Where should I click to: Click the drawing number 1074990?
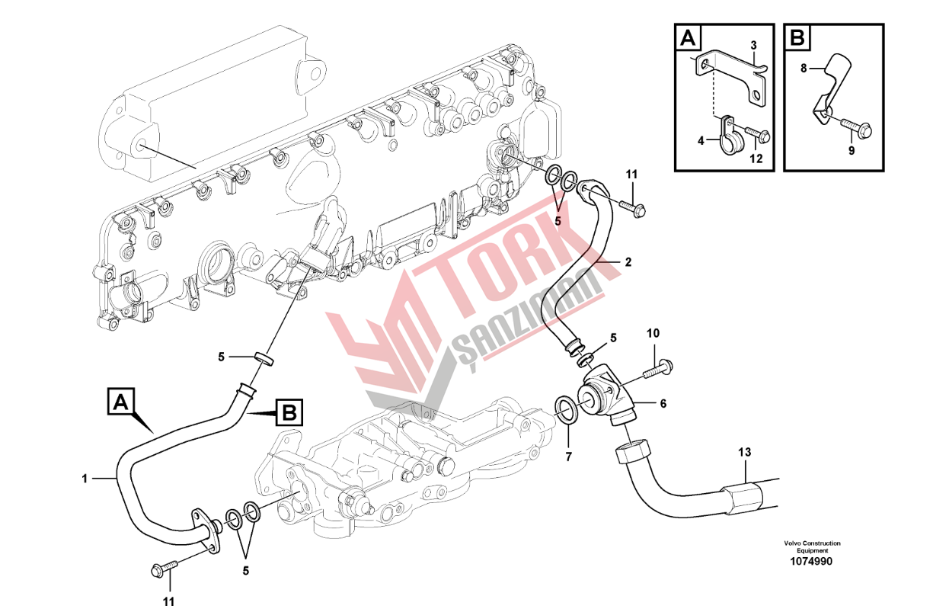pyautogui.click(x=811, y=561)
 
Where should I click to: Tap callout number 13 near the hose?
pyautogui.click(x=744, y=452)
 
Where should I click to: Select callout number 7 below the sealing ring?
pyautogui.click(x=568, y=457)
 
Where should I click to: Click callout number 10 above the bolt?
pyautogui.click(x=653, y=333)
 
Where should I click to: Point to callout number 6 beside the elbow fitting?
pyautogui.click(x=663, y=403)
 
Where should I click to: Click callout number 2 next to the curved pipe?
pyautogui.click(x=628, y=262)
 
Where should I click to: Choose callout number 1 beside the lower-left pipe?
pyautogui.click(x=85, y=479)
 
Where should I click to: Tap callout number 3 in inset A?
pyautogui.click(x=753, y=46)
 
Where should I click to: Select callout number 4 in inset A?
pyautogui.click(x=701, y=141)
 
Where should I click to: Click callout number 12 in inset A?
pyautogui.click(x=756, y=159)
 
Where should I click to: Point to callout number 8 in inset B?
pyautogui.click(x=804, y=68)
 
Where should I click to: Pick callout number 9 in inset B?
pyautogui.click(x=852, y=150)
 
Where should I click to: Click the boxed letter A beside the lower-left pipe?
pyautogui.click(x=122, y=402)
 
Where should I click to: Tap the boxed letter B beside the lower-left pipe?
pyautogui.click(x=289, y=412)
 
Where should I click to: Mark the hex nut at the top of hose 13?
pyautogui.click(x=633, y=454)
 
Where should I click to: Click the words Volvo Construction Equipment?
pyautogui.click(x=812, y=546)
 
